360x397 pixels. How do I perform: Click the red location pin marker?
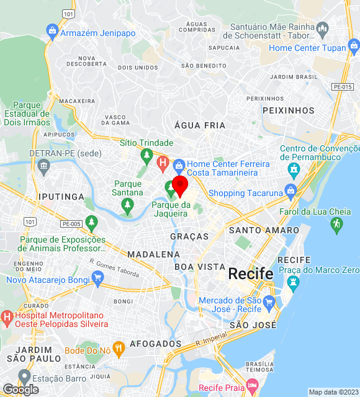180,185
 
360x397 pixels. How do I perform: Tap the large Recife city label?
251,273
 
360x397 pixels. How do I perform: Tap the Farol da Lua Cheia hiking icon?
337,226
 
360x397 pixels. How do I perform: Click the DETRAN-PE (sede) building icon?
43,165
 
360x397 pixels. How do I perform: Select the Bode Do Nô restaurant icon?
119,347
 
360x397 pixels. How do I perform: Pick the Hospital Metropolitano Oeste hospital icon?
7,319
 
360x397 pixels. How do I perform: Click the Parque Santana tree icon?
128,204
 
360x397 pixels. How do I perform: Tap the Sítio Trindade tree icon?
146,154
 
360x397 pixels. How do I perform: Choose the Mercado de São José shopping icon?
269,303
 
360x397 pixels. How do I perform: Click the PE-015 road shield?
342,87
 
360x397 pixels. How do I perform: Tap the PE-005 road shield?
71,223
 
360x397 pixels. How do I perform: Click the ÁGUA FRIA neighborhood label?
200,125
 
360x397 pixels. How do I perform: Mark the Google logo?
20,389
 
